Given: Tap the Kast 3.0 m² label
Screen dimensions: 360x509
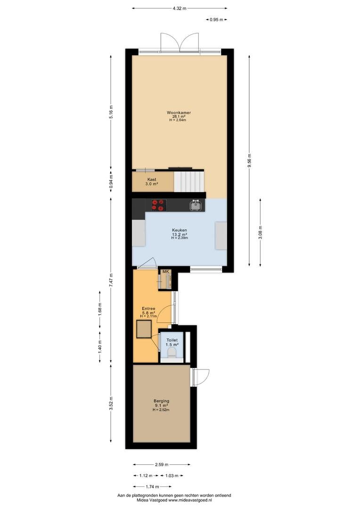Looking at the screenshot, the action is tap(152, 181).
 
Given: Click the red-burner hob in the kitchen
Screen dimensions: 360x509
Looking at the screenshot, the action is tap(159, 205).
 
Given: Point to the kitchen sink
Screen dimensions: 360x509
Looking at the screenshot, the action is tap(196, 205).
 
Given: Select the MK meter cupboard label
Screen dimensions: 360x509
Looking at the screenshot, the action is tap(166, 271).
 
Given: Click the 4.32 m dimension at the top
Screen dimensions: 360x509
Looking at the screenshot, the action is tap(180, 8).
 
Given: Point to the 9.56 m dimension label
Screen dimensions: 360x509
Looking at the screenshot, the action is tap(249, 160).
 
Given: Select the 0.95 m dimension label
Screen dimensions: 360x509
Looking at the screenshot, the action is tap(217, 19).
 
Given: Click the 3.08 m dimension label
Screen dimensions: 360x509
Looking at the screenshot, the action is tap(261, 232).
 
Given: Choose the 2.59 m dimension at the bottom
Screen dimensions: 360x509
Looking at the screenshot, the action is tap(162, 465).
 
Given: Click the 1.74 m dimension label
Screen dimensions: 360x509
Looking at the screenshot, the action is tap(152, 486).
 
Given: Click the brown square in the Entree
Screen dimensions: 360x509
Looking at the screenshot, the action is tap(145, 329).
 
